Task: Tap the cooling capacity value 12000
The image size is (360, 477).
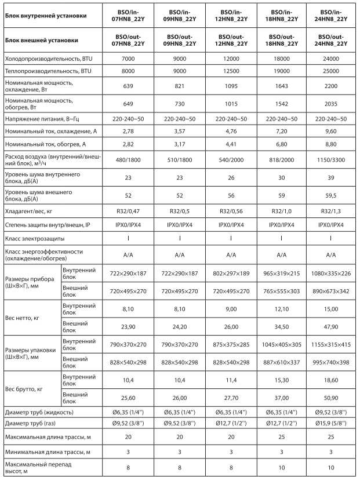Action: point(231,60)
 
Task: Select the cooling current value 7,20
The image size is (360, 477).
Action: point(282,133)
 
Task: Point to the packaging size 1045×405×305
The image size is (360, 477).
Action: point(282,344)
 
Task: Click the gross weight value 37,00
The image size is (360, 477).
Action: point(282,399)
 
